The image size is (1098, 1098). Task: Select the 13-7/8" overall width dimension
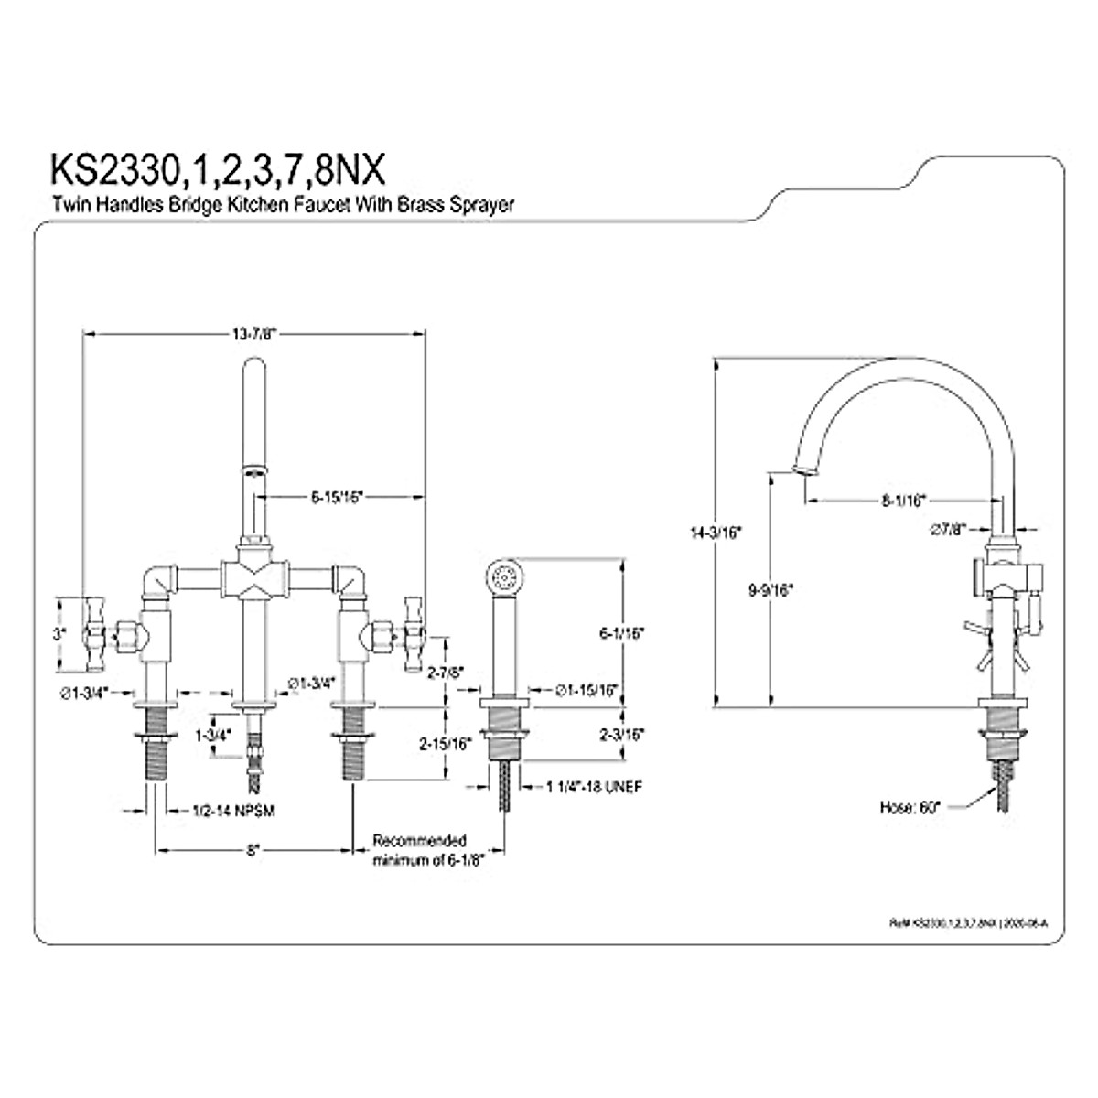[253, 335]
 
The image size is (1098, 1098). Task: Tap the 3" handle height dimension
[58, 633]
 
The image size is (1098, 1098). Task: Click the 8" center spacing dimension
[253, 850]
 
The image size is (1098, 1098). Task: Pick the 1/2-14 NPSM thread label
[235, 811]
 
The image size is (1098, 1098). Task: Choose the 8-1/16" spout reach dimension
[903, 500]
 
